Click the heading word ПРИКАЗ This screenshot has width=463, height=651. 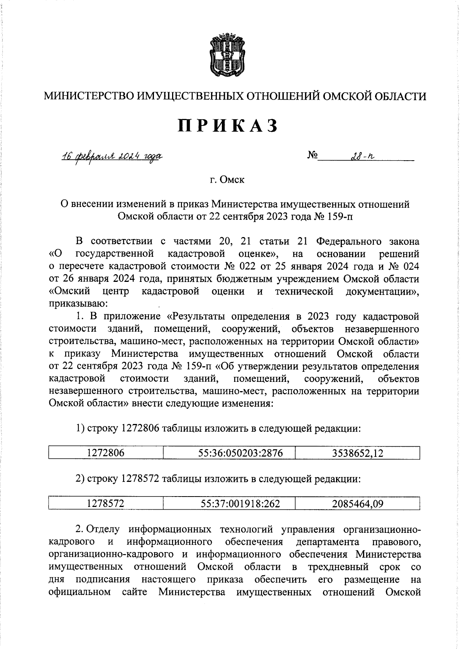point(228,126)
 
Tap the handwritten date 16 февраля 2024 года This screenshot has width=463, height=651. point(112,156)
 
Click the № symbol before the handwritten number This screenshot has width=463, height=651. point(313,156)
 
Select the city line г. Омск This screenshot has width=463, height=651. point(227,180)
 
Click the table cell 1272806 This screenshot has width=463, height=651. point(106,453)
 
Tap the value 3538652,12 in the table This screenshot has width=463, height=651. point(358,453)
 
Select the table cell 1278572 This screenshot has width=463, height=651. point(106,504)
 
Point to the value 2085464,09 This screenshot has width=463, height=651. point(358,504)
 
